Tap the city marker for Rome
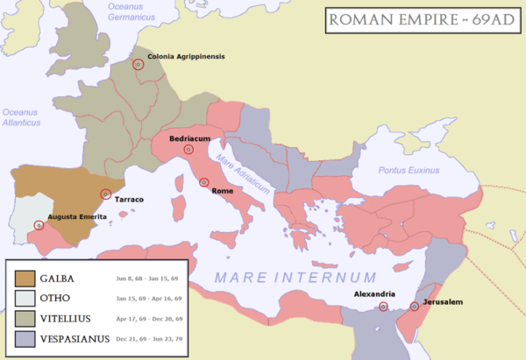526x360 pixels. (x=203, y=182)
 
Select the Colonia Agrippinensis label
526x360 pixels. (x=186, y=57)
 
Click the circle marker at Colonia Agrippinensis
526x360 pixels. (x=138, y=65)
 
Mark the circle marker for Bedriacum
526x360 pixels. (x=188, y=150)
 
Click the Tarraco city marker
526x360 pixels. (x=106, y=194)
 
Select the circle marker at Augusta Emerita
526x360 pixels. (x=39, y=225)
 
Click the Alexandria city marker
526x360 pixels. (x=383, y=306)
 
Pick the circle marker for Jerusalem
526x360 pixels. (x=415, y=307)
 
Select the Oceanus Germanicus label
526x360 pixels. (x=131, y=11)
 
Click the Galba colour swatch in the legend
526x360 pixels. (x=25, y=279)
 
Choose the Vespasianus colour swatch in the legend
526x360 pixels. (x=25, y=338)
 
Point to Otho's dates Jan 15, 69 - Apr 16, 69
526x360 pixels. (x=146, y=299)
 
